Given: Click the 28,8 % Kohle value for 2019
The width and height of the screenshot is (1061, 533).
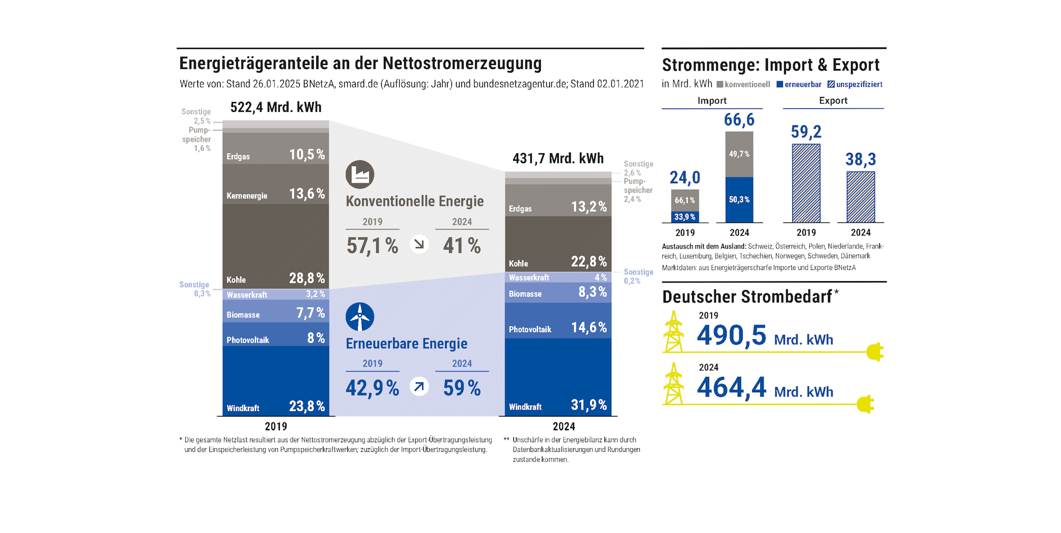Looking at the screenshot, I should tap(307, 278).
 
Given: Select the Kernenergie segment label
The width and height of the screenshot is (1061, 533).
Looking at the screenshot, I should tap(247, 196).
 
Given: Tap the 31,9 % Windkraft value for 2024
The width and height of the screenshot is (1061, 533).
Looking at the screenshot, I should tap(589, 405).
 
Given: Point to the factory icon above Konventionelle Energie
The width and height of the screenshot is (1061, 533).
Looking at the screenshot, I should tap(360, 174).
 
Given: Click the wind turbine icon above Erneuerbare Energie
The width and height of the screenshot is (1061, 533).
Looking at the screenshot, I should tap(360, 317).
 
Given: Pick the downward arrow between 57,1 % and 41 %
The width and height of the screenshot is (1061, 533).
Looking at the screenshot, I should tap(419, 244).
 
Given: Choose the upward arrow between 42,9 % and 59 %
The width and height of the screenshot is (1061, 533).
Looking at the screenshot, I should tap(419, 387).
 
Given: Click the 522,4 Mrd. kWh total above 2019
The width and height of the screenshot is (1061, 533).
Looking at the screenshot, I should tap(276, 107).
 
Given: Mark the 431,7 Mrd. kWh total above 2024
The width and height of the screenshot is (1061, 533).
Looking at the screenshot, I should tap(558, 158).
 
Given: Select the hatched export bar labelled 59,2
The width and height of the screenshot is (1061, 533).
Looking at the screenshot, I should tap(806, 183).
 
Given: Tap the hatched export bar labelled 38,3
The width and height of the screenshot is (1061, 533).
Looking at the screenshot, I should tap(860, 197).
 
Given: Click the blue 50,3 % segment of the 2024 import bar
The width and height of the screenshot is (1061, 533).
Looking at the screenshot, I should tap(739, 200).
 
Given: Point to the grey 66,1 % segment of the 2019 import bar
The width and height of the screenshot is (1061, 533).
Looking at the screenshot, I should tap(685, 200).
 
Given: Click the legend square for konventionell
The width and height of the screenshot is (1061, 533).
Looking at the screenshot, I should tap(720, 84).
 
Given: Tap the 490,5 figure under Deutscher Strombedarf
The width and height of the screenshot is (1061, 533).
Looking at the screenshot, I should tap(732, 335).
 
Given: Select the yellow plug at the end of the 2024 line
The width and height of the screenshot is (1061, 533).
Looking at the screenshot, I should tap(865, 404).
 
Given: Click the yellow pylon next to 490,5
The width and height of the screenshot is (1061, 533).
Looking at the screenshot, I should tap(673, 331).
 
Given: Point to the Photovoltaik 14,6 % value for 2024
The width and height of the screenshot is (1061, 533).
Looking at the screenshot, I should tap(589, 328).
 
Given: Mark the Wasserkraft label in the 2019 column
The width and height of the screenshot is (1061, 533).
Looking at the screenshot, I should tap(247, 295).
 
